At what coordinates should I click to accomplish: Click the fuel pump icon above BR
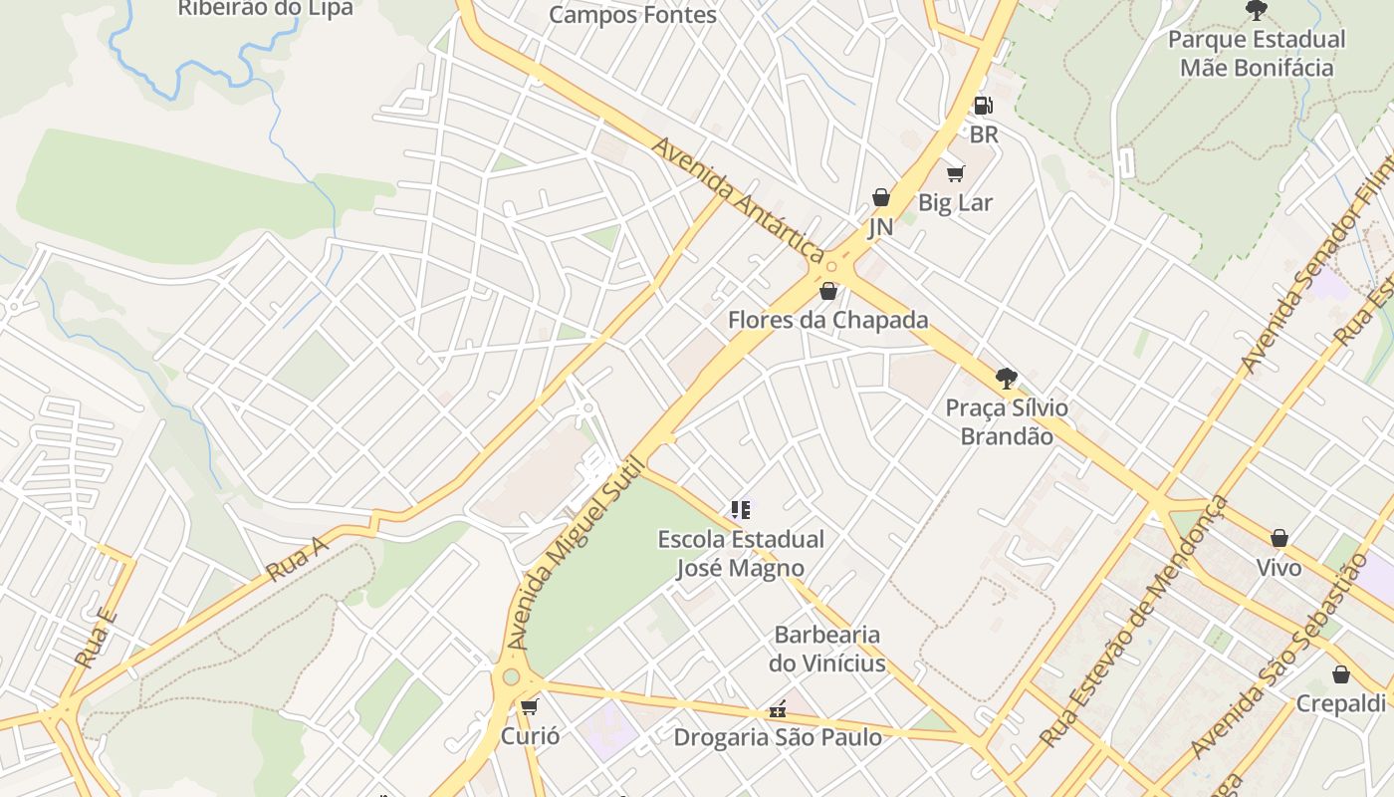[983, 106]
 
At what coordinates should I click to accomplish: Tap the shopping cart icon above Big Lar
[956, 174]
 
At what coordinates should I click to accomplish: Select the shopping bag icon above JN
[881, 197]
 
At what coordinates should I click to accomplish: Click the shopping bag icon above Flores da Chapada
[828, 291]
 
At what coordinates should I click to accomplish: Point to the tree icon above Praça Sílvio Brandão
[1007, 379]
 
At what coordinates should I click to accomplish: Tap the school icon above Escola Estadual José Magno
[741, 511]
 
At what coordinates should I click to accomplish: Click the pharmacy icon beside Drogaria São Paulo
[778, 710]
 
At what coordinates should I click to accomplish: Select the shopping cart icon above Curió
[530, 707]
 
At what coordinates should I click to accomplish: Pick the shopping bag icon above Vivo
[1279, 539]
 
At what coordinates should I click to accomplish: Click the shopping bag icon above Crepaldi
[1341, 674]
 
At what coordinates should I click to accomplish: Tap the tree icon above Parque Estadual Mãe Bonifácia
[1257, 11]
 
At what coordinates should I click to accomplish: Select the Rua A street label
[297, 561]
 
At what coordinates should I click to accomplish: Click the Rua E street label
[97, 638]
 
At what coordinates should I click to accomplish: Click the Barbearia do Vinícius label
[827, 649]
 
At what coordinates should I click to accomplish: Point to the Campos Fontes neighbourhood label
[632, 15]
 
